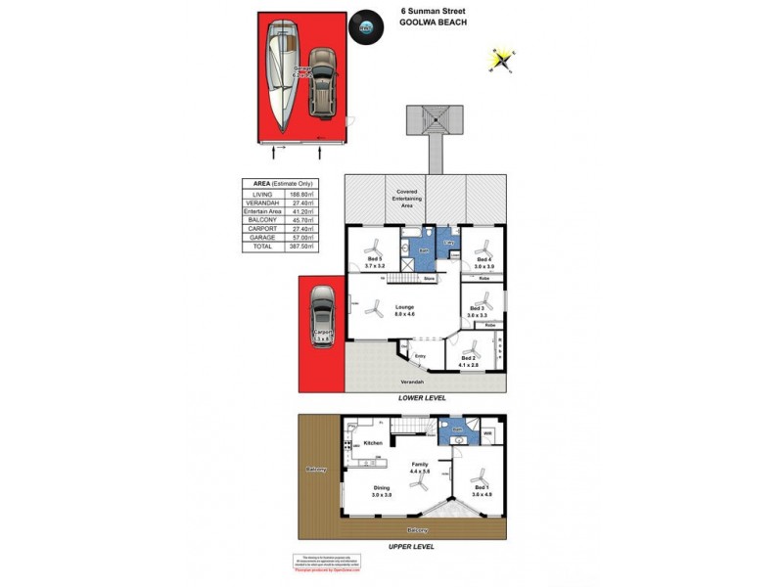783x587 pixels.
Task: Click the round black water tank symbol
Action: coord(364,27)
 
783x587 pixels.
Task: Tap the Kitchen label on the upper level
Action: coord(373,444)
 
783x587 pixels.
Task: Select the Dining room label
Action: coord(380,490)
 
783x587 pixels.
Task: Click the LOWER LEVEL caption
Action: coord(422,398)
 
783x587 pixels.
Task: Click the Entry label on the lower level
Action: coord(421,355)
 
